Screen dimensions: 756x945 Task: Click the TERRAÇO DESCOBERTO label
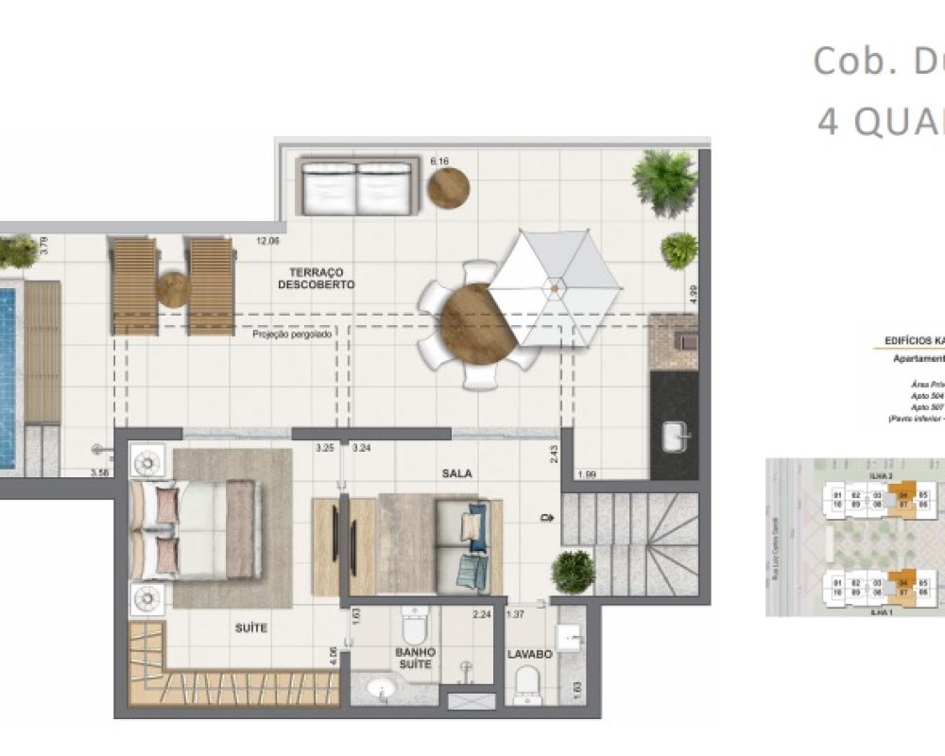click(317, 278)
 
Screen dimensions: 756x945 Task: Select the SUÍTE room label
click(250, 627)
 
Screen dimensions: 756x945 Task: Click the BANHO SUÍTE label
click(416, 658)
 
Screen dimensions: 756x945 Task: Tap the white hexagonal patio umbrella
click(555, 288)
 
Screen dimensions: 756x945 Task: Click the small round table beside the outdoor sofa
click(448, 187)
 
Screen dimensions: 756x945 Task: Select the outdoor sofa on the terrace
click(357, 186)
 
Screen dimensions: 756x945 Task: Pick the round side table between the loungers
click(173, 289)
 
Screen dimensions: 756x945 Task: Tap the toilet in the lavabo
click(528, 684)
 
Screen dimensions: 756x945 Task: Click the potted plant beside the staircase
click(573, 572)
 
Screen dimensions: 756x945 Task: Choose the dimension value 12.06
click(267, 241)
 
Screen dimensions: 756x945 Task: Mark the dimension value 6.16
click(438, 162)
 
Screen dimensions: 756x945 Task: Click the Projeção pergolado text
click(292, 334)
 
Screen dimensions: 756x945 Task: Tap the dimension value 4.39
click(695, 295)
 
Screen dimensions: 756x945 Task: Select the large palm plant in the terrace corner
click(665, 180)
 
